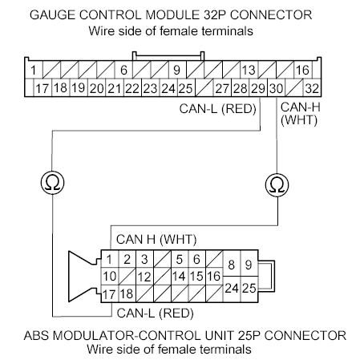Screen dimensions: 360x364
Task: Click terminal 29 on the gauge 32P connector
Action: click(257, 87)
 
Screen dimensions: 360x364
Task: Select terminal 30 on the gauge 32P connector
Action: click(276, 87)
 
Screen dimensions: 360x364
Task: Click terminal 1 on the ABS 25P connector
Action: click(108, 259)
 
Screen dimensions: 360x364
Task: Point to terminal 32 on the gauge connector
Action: click(312, 87)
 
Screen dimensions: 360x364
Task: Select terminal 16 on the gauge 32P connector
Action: click(302, 71)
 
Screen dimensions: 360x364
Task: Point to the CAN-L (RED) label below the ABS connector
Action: click(155, 313)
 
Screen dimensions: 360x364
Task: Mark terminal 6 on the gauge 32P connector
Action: click(124, 71)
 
